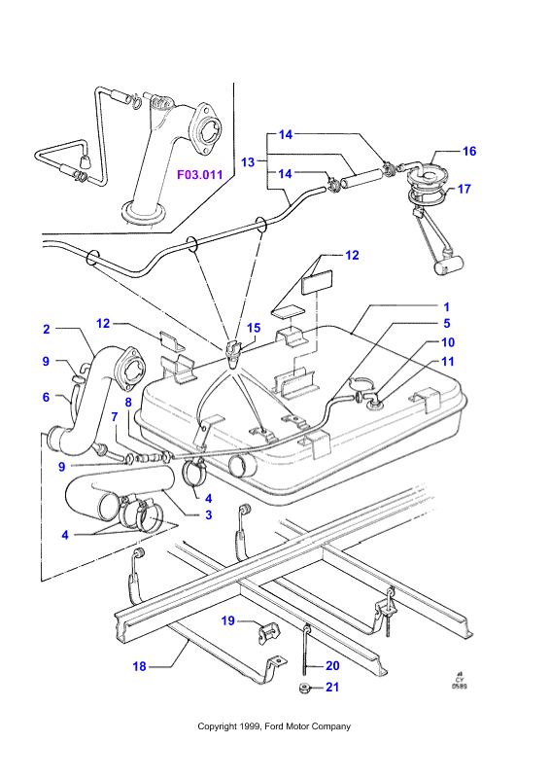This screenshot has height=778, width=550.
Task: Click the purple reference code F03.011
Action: click(x=200, y=175)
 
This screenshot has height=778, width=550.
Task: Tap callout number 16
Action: click(x=469, y=151)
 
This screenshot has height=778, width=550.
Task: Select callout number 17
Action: click(x=464, y=189)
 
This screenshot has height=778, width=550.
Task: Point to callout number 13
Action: click(x=248, y=161)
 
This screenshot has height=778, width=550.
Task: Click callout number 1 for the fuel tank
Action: click(x=446, y=307)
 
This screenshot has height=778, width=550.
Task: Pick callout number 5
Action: click(x=446, y=324)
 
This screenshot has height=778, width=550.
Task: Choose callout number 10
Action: click(x=448, y=342)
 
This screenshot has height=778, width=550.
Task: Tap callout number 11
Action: click(x=448, y=361)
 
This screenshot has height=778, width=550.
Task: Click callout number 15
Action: click(x=254, y=328)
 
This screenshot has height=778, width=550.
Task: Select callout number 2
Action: click(x=47, y=329)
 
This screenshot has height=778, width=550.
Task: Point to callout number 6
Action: click(x=46, y=397)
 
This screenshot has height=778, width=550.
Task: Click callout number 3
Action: click(x=208, y=515)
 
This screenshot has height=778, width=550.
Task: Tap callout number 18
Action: click(x=139, y=666)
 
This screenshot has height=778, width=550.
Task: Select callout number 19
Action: click(x=227, y=620)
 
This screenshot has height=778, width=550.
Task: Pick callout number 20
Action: click(x=332, y=666)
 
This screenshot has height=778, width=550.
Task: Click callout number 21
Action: click(x=332, y=688)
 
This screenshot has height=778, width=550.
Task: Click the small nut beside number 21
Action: click(x=303, y=689)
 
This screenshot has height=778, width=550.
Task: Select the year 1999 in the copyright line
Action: click(x=251, y=726)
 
